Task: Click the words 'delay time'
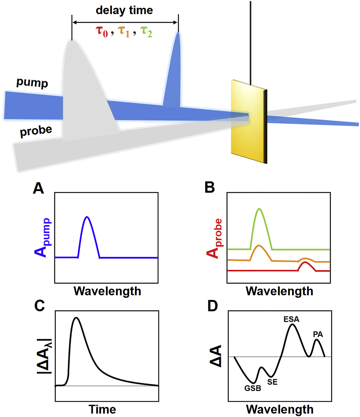click(x=124, y=10)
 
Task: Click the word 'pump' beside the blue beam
click(x=32, y=83)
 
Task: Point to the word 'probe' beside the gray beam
click(x=36, y=131)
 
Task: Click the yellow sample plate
click(x=247, y=121)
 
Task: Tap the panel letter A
click(x=39, y=188)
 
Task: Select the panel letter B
click(x=210, y=188)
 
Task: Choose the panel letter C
click(x=39, y=306)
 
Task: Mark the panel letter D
click(x=212, y=306)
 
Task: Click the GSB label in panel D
click(x=253, y=389)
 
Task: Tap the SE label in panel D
click(x=272, y=382)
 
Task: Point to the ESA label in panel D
click(x=291, y=319)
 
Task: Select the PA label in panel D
click(x=318, y=335)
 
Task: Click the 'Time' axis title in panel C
click(x=102, y=409)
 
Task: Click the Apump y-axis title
click(x=43, y=238)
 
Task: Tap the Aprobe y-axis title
click(x=215, y=238)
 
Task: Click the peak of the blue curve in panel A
click(x=87, y=217)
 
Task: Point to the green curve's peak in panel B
click(x=259, y=209)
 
